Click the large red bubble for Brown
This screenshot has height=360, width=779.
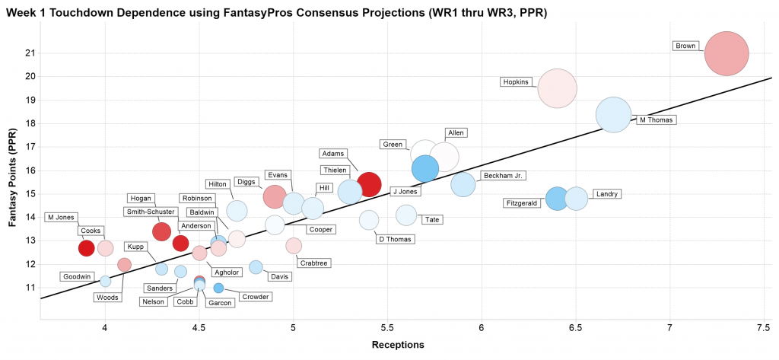pyautogui.click(x=727, y=53)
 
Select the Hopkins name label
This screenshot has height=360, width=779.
pyautogui.click(x=515, y=82)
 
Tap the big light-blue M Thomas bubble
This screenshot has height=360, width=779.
pyautogui.click(x=612, y=115)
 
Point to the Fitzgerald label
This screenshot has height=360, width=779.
pyautogui.click(x=524, y=203)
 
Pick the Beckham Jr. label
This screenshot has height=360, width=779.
pyautogui.click(x=503, y=176)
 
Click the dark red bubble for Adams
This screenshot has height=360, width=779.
pyautogui.click(x=368, y=183)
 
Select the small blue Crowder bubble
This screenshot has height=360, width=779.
pyautogui.click(x=218, y=288)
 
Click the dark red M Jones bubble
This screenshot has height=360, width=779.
pyautogui.click(x=87, y=248)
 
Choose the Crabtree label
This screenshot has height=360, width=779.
pyautogui.click(x=313, y=263)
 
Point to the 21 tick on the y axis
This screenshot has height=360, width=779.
pyautogui.click(x=30, y=53)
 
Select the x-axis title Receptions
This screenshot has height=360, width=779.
pyautogui.click(x=397, y=346)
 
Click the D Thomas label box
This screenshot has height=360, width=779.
pyautogui.click(x=396, y=240)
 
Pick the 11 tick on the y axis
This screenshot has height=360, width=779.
pyautogui.click(x=30, y=288)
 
